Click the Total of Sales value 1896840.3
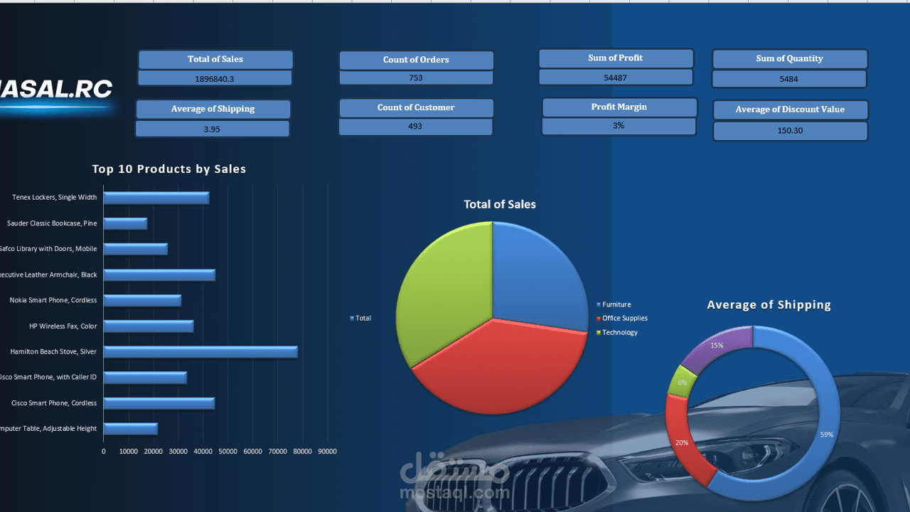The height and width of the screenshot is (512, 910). [214, 78]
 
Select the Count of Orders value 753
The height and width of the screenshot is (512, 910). [416, 78]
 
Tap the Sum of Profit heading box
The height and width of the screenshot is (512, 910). [616, 58]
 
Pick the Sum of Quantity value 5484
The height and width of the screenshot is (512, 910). [788, 79]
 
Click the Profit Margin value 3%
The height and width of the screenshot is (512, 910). [619, 126]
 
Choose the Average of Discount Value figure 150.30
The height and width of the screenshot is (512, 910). [790, 131]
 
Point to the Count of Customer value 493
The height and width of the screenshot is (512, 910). [415, 127]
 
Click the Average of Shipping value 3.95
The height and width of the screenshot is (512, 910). [212, 129]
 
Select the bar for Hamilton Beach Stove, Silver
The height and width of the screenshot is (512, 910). [200, 351]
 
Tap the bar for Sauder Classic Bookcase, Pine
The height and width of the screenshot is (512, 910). [125, 223]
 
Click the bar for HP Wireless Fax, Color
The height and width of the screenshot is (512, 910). [148, 326]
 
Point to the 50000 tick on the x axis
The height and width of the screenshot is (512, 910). [227, 452]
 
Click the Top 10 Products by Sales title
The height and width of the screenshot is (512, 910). [169, 169]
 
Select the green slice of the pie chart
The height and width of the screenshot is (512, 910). [441, 292]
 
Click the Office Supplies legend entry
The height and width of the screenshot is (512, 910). [624, 319]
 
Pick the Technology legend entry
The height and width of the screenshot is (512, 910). [619, 332]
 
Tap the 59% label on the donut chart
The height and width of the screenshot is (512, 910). [826, 434]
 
